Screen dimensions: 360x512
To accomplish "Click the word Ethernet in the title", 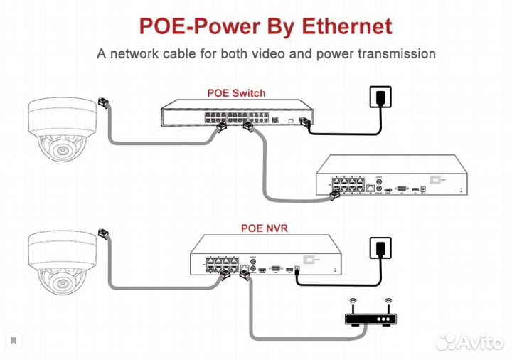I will [x=348, y=27].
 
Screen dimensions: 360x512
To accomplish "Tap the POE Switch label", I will [x=236, y=92].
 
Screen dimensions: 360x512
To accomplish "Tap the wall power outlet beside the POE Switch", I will [x=380, y=96].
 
